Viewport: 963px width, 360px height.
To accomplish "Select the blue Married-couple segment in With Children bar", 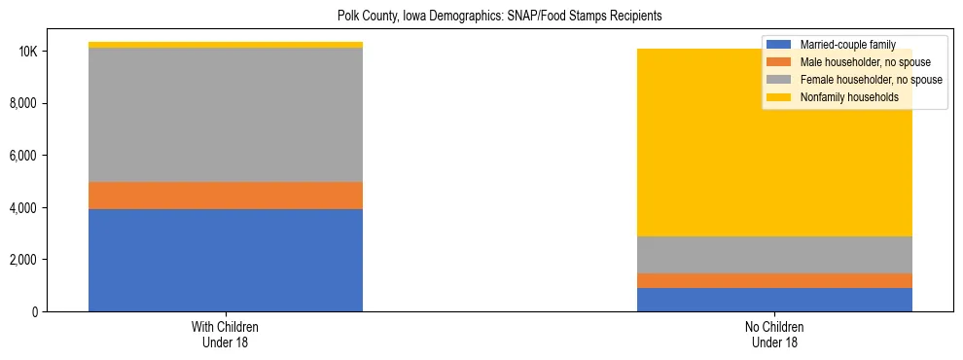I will pyautogui.click(x=226, y=260).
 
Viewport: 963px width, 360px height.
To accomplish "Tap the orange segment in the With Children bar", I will pyautogui.click(x=226, y=196).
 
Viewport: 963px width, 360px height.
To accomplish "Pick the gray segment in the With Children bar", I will pyautogui.click(x=226, y=115).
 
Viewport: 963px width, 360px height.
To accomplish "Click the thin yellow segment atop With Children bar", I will pyautogui.click(x=226, y=45).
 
